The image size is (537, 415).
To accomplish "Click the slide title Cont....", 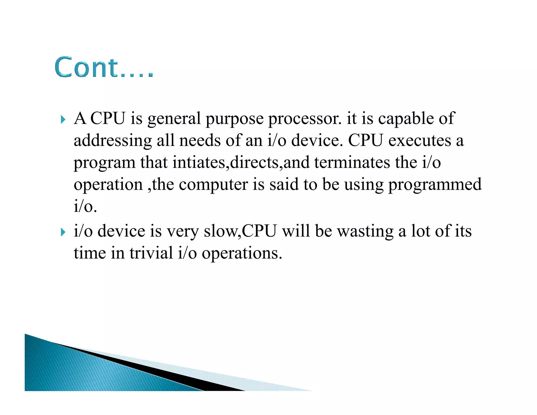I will (104, 67).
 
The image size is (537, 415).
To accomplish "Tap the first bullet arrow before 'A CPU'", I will (63, 120).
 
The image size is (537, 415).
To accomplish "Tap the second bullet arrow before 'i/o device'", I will (63, 232).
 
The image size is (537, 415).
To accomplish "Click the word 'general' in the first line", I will (174, 119).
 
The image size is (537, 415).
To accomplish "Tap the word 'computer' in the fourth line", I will (213, 184).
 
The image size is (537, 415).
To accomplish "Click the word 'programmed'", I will (435, 185).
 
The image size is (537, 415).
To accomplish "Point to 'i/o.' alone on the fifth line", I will (85, 206).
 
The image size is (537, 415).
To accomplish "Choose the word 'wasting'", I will (365, 232).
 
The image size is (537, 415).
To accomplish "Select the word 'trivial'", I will (151, 253).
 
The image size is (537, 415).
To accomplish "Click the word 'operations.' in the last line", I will (242, 254).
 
